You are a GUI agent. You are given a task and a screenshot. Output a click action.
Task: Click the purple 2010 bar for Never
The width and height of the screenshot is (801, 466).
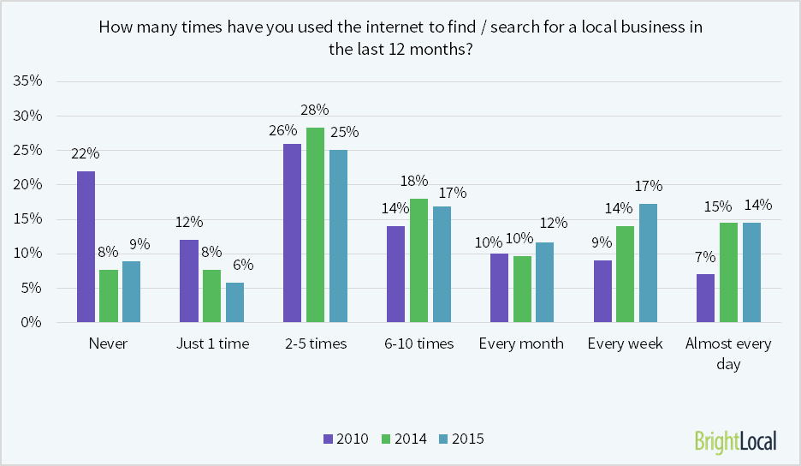(x=86, y=247)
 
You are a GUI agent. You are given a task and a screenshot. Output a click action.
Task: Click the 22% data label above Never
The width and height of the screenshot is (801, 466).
(x=86, y=153)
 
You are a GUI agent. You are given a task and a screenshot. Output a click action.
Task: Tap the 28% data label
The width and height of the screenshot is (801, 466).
(x=314, y=110)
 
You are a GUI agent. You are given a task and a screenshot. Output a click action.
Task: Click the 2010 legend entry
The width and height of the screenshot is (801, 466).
(x=346, y=439)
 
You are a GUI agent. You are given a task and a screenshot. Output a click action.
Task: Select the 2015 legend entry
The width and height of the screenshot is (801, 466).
(x=461, y=439)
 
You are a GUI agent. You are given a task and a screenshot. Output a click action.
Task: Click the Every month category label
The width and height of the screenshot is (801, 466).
(x=521, y=344)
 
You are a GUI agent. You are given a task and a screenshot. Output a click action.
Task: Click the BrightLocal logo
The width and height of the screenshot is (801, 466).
(x=735, y=440)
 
